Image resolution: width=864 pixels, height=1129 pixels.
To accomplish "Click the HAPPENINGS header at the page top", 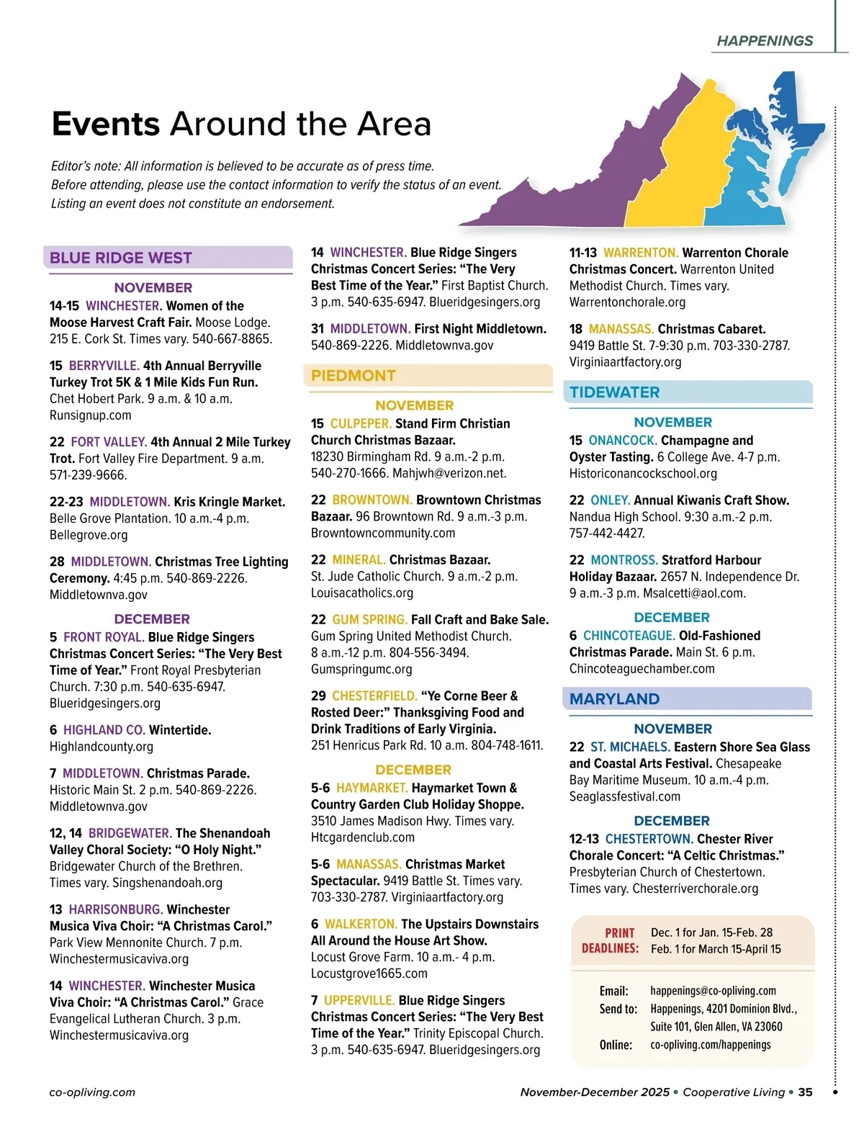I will click(765, 41).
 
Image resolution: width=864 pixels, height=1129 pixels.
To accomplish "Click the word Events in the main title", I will click(106, 124).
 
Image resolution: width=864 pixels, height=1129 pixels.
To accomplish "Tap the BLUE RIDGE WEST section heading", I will click(121, 258).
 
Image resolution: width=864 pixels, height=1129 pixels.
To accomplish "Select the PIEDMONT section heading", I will click(354, 376).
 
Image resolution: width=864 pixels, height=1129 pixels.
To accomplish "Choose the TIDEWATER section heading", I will click(614, 392).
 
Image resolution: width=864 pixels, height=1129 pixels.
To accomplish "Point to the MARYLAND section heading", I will click(614, 699).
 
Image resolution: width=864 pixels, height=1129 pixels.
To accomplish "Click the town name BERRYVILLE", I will click(104, 366).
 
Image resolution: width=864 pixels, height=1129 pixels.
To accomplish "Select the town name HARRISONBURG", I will click(115, 909).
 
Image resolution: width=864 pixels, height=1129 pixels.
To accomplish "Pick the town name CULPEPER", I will click(361, 423).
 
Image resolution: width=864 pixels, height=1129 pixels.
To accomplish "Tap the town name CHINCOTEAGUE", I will click(629, 636).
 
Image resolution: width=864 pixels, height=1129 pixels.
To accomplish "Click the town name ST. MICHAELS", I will click(630, 747).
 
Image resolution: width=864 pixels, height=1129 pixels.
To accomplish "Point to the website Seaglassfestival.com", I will click(624, 796).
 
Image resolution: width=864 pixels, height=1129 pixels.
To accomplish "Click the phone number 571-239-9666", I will click(88, 475).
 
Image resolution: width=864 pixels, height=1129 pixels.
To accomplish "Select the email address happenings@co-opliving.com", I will click(713, 991).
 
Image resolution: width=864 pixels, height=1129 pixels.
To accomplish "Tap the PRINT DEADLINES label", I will click(611, 940).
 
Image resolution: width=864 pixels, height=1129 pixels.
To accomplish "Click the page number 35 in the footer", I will click(805, 1092).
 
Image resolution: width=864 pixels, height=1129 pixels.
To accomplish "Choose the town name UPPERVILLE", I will click(359, 1001).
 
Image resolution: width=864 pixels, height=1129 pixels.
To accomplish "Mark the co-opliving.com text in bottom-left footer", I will click(92, 1092).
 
